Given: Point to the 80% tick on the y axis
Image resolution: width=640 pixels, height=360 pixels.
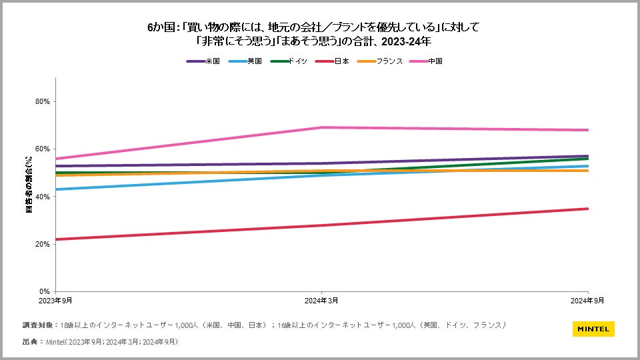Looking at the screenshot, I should point(43,101).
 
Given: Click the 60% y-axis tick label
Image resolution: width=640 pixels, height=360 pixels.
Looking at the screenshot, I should point(43,149).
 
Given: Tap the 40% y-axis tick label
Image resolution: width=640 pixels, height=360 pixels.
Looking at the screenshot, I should point(43,197).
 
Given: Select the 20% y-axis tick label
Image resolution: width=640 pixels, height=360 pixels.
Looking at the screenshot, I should point(43,244).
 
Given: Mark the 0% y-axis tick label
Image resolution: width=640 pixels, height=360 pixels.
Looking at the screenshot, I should point(45,291).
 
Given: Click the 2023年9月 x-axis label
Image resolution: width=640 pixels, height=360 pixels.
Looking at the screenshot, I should point(55,301).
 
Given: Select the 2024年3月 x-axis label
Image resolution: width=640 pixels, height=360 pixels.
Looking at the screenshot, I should point(322,301).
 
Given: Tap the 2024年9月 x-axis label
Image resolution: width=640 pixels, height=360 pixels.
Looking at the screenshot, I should point(588,301).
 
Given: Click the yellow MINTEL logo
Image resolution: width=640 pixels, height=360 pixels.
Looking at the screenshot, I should point(593,329).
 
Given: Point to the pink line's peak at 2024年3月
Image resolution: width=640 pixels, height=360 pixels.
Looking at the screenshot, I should point(322,127).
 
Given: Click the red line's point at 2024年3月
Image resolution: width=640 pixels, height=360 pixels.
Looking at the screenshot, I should point(322,225).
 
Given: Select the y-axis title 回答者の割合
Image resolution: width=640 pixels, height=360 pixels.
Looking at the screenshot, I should point(29,185).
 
